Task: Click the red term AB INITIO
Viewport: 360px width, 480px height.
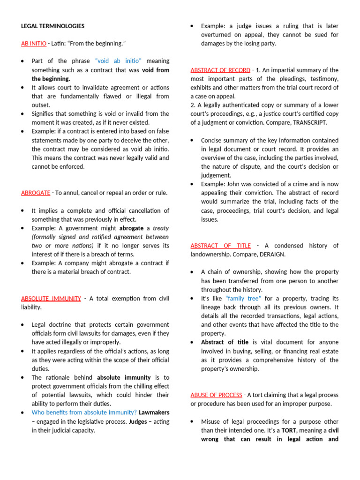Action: coord(34,44)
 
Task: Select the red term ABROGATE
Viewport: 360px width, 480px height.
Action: coord(36,193)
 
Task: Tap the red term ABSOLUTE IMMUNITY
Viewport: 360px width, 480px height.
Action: coord(51,298)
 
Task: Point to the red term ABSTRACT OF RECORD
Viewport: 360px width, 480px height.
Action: coord(220,70)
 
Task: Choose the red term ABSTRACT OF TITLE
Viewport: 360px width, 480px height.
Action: coord(220,246)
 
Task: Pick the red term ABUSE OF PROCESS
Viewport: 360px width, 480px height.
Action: coord(216,395)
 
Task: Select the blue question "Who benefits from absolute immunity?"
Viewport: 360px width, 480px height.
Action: coord(84,412)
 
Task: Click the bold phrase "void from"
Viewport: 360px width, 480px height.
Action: coord(156,70)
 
